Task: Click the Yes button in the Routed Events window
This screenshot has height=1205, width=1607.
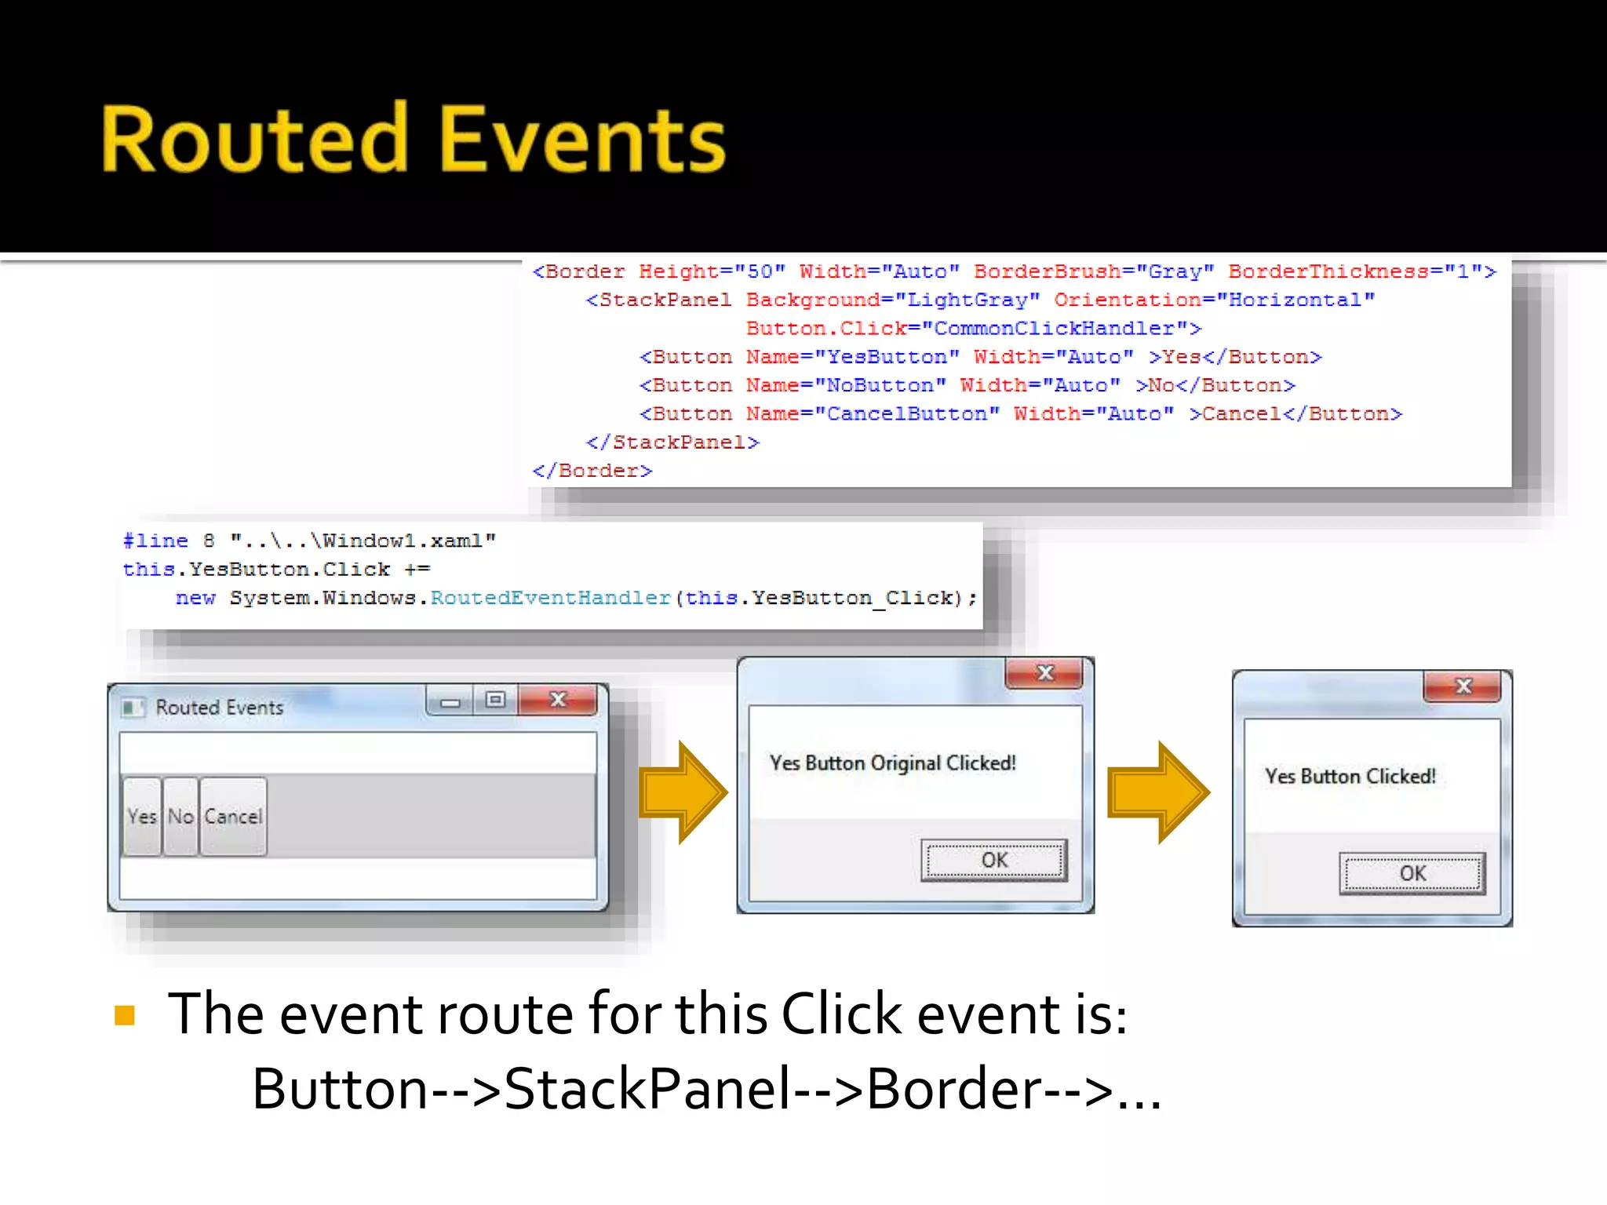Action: click(x=142, y=817)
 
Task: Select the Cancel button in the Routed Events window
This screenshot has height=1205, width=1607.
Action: click(x=233, y=817)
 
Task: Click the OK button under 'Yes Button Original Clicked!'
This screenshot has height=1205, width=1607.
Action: click(x=993, y=861)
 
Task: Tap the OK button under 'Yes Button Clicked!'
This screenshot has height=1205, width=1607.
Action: click(x=1412, y=874)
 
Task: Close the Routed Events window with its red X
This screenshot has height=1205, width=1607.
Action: click(x=558, y=700)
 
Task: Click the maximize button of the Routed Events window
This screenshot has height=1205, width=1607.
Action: click(x=495, y=700)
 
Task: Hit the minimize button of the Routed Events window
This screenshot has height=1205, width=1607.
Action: click(x=450, y=701)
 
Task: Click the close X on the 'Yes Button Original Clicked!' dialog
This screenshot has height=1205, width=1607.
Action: click(x=1044, y=673)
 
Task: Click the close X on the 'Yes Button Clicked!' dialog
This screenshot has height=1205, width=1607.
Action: click(x=1463, y=686)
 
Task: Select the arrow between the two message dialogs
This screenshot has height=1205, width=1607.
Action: click(x=1158, y=792)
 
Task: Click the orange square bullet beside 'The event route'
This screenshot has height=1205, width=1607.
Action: click(x=125, y=1015)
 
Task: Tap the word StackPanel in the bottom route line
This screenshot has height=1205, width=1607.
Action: click(x=647, y=1090)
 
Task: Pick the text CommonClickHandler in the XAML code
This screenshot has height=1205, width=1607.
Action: click(x=1054, y=329)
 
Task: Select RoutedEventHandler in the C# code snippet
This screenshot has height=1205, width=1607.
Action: click(x=550, y=599)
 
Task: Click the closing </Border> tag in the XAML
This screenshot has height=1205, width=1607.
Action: click(x=592, y=471)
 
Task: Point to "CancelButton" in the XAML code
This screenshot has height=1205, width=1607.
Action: click(x=906, y=414)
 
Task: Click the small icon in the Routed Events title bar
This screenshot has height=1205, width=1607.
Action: click(x=133, y=708)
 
